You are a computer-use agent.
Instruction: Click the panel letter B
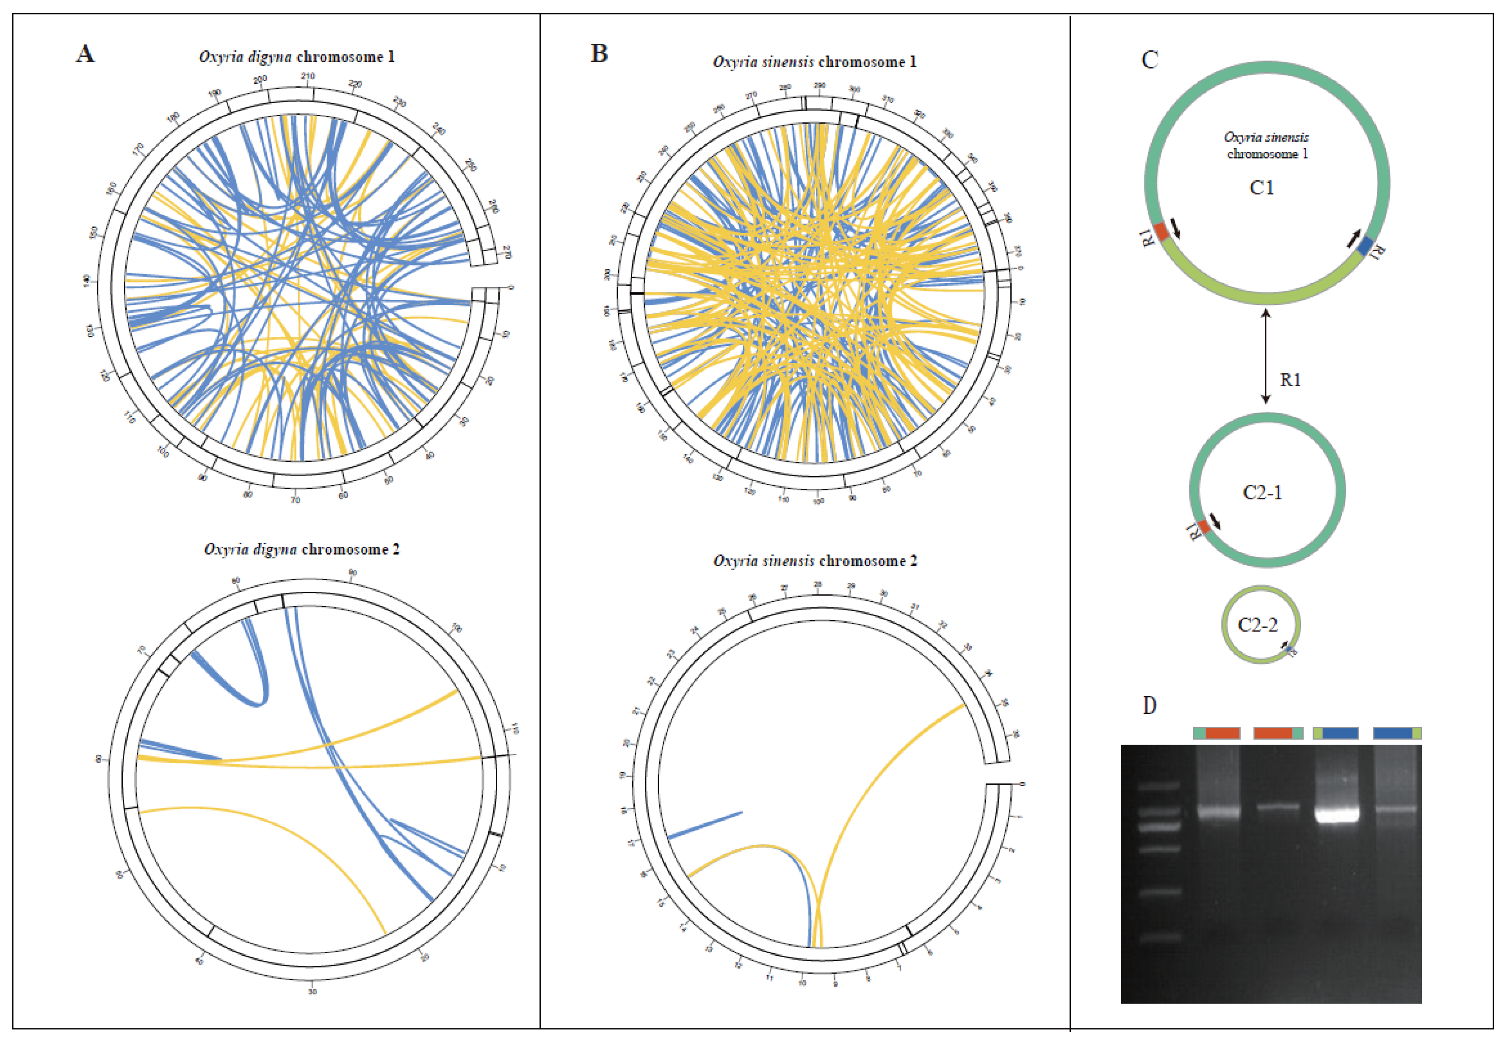599,53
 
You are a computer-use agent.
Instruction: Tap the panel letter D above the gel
1150,705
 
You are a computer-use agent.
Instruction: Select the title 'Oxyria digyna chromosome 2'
302,549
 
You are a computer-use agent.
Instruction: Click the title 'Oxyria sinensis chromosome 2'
815,561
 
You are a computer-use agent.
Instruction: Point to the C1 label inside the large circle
1261,188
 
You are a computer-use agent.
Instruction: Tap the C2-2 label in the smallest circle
1257,625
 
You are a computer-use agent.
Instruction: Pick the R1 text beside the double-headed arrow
1290,380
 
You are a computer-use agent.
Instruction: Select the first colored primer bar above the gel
1216,733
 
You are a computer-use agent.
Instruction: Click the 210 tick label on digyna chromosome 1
307,76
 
